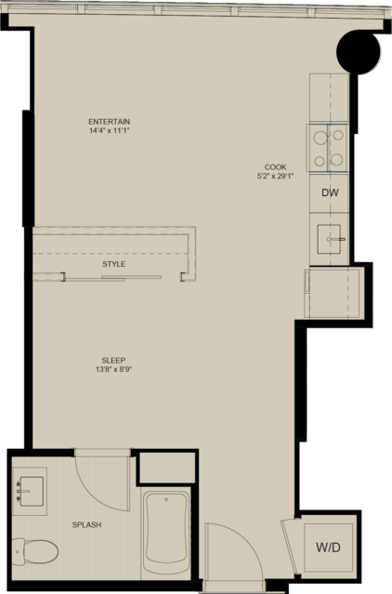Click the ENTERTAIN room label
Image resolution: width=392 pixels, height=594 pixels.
pos(109,122)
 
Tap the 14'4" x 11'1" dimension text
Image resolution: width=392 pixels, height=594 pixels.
pos(109,131)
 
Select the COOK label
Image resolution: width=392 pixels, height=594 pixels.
pos(276,167)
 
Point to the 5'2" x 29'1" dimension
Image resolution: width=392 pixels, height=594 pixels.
pos(276,176)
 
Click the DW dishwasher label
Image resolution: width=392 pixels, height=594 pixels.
pos(330,192)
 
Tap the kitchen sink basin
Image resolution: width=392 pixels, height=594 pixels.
pos(329,239)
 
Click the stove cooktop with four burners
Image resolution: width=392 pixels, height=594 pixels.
pos(329,148)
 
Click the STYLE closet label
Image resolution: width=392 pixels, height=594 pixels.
pos(114,264)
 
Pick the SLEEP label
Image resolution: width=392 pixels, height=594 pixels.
pos(113,361)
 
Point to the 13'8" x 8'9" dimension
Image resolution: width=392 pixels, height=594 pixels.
pos(113,369)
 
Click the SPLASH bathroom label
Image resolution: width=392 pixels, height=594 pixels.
pos(86,525)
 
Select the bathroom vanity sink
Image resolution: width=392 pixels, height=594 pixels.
pos(31,492)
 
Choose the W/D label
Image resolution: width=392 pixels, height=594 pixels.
pos(329,548)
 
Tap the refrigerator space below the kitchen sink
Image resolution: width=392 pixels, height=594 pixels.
pos(333,292)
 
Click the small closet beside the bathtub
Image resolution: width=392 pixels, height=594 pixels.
pos(167,468)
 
